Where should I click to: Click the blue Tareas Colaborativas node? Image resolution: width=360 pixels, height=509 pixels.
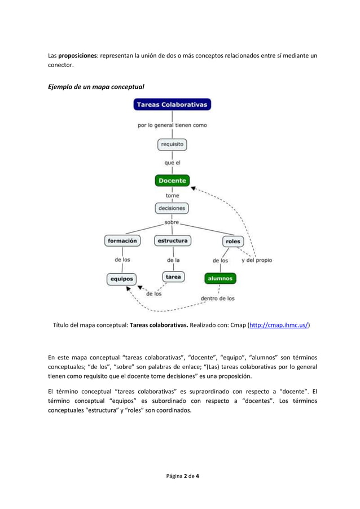pos(172,105)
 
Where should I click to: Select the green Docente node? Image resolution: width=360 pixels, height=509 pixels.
pos(172,181)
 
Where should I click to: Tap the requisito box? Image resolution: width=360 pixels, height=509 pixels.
pos(172,144)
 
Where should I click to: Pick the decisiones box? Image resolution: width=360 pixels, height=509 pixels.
pos(172,208)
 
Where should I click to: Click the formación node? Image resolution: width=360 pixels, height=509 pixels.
pos(122,240)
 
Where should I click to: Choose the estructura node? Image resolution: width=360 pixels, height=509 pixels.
pos(172,240)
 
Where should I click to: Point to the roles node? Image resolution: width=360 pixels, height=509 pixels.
pos(232,241)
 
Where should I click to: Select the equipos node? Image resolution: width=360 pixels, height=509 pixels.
pos(121,279)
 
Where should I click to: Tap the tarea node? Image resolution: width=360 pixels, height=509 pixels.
pos(173,277)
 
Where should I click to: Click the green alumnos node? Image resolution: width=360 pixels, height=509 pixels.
pos(219,278)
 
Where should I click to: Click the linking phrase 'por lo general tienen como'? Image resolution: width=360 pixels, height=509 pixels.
pos(173,125)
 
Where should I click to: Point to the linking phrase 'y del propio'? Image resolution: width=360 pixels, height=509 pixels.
pos(257,261)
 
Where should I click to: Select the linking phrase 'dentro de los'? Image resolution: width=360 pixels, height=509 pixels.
pos(218,299)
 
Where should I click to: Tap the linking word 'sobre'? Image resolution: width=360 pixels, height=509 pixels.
pos(172,222)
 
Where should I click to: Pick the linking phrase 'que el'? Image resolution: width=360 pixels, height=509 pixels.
pos(172,163)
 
